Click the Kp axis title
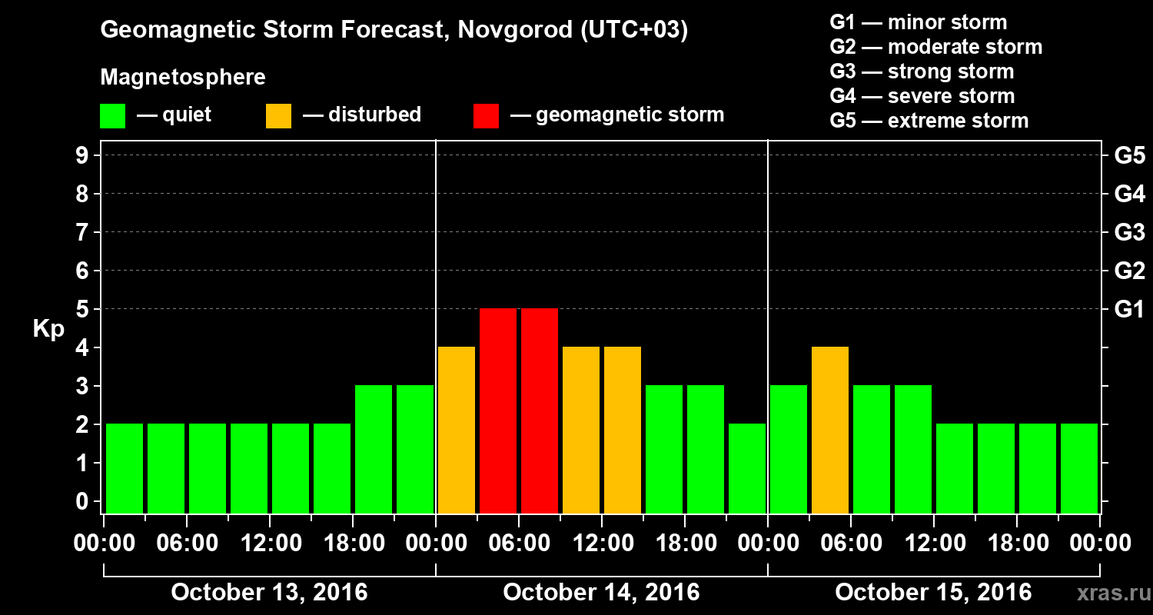pyautogui.click(x=48, y=330)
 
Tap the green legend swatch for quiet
pyautogui.click(x=112, y=116)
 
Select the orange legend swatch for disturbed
pyautogui.click(x=278, y=116)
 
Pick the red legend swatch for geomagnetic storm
pyautogui.click(x=486, y=116)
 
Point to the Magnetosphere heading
pyautogui.click(x=183, y=78)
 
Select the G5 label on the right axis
pyautogui.click(x=1129, y=156)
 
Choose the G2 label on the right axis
pyautogui.click(x=1129, y=271)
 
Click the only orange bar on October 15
pyautogui.click(x=830, y=430)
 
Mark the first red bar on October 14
pyautogui.click(x=498, y=411)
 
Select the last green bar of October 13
pyautogui.click(x=415, y=449)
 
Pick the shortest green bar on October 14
pyautogui.click(x=747, y=468)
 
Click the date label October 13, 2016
pyautogui.click(x=269, y=593)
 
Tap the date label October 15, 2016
pyautogui.click(x=933, y=593)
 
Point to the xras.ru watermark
pyautogui.click(x=1108, y=593)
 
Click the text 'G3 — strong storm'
pyautogui.click(x=922, y=72)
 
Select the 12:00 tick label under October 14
pyautogui.click(x=602, y=544)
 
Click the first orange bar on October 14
pyautogui.click(x=457, y=430)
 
